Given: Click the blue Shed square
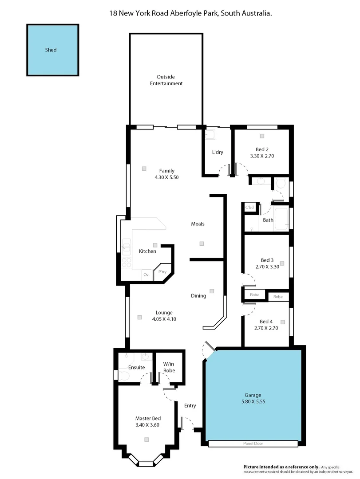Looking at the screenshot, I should click(52, 50).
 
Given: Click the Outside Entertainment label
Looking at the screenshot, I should click(166, 80).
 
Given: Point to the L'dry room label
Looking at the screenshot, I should click(218, 152).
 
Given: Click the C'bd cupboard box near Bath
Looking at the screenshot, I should click(249, 207).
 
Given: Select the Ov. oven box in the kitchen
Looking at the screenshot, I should click(146, 275).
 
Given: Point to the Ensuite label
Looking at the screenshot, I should click(136, 367).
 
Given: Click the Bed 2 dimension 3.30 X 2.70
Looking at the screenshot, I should click(262, 156).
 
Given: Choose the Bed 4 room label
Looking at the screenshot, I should click(266, 322).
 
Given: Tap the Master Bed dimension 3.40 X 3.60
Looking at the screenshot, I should click(147, 424).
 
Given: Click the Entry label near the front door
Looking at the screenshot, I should click(190, 405).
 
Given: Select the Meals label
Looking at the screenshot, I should click(198, 224).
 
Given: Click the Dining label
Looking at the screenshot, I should click(198, 296).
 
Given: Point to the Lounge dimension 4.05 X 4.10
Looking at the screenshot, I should click(164, 319).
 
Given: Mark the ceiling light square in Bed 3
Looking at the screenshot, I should click(281, 263).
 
